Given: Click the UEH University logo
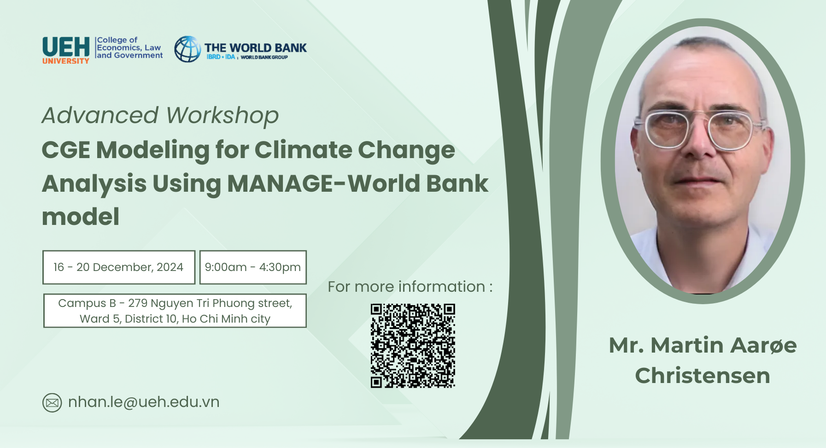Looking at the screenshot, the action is click(x=66, y=50).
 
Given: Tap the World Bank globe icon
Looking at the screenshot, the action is click(x=187, y=49).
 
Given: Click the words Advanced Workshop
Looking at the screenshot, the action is click(x=160, y=115).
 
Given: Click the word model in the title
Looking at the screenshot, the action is click(x=81, y=217).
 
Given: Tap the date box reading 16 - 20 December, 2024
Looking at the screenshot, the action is click(x=119, y=267).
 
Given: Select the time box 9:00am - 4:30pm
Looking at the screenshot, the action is click(x=253, y=267).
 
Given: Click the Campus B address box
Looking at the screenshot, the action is click(x=175, y=311).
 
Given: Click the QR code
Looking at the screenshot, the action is click(x=413, y=345).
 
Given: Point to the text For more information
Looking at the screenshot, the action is click(x=410, y=287).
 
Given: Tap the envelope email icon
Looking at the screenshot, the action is click(x=52, y=403).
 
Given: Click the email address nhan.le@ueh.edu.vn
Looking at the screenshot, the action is click(x=144, y=402).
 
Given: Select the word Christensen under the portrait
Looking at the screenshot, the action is click(x=703, y=376).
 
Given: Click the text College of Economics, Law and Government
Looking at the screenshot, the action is click(x=129, y=47).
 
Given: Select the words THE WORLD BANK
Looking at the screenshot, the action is click(x=256, y=48).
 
